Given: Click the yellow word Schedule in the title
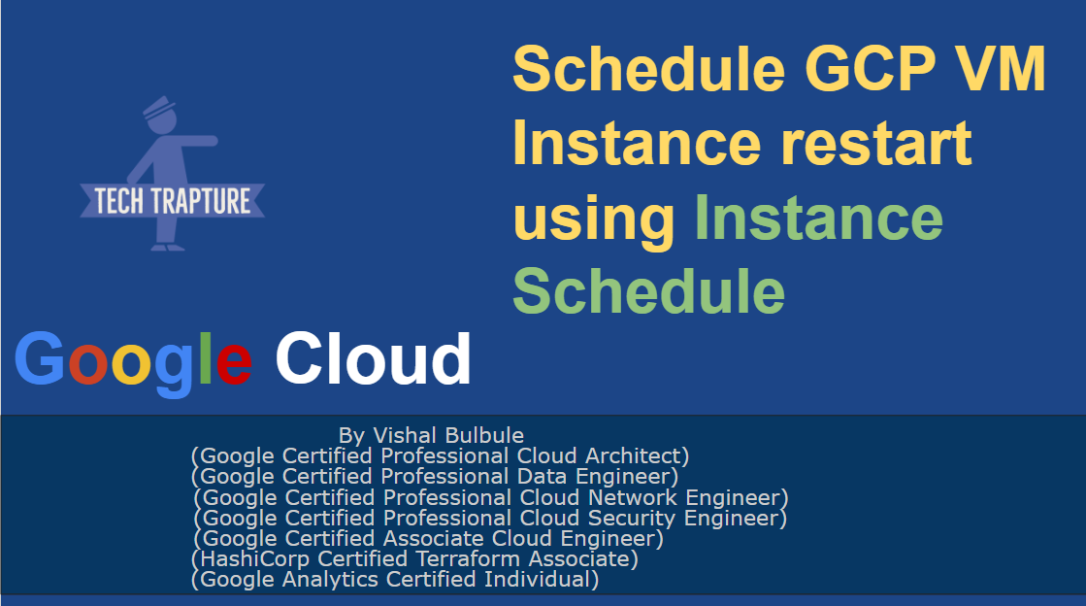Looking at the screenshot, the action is (649, 69).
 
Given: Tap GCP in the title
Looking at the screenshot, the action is (871, 69).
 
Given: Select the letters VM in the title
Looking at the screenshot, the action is (1001, 69).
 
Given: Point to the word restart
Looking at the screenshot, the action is (876, 143).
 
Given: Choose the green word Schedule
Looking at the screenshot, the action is (649, 290).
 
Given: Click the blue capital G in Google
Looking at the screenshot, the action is (40, 357).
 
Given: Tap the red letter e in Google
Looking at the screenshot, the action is (233, 363).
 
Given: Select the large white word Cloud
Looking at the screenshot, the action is (374, 357).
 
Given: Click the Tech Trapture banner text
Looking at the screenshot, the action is (173, 201).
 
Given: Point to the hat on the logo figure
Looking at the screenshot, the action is (158, 107).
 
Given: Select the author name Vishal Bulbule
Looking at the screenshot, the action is (448, 435).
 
